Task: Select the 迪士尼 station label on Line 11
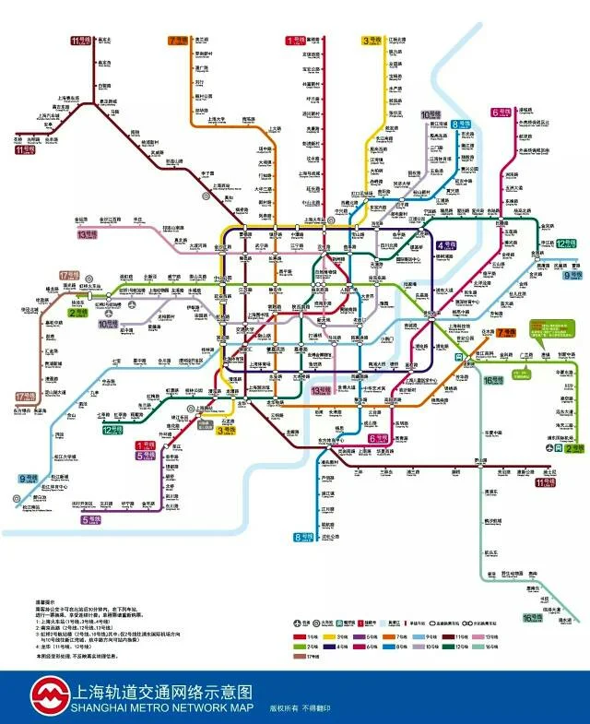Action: point(549,472)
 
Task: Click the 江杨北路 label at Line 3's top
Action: point(398,41)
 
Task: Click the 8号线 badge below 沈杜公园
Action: point(303,537)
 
